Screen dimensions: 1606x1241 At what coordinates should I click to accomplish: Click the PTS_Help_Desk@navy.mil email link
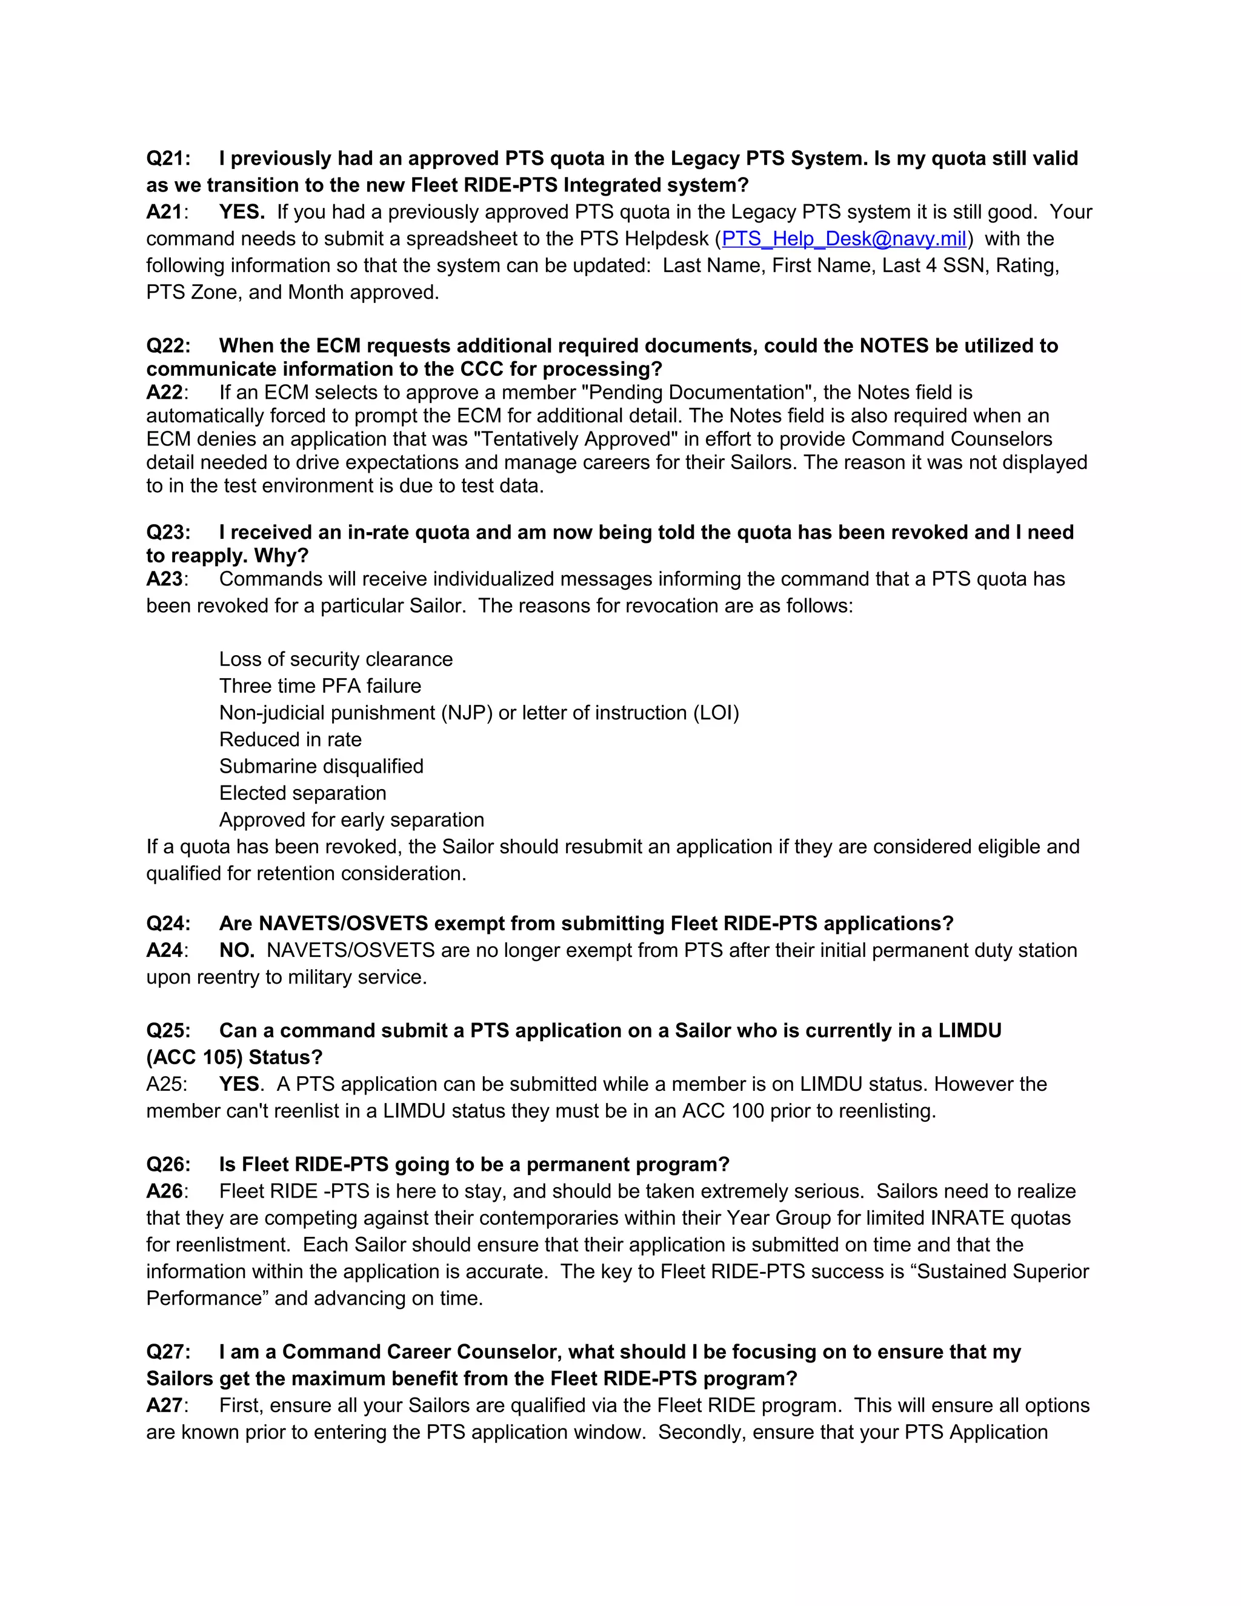(843, 239)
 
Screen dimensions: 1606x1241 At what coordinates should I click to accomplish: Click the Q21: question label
(168, 159)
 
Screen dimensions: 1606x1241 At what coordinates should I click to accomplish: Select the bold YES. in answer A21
(242, 213)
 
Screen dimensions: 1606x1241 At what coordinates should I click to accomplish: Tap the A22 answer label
(165, 393)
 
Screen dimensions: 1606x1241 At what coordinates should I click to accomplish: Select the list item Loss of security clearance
(335, 659)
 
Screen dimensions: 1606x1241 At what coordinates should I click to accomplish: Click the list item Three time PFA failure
(320, 686)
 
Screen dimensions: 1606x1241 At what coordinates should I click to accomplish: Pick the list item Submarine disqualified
(321, 766)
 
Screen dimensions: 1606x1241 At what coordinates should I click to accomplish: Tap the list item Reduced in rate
(290, 740)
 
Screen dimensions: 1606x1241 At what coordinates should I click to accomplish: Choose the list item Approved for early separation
(351, 820)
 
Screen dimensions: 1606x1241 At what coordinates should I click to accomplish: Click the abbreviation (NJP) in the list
(466, 713)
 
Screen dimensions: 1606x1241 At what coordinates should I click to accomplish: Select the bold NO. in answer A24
(237, 951)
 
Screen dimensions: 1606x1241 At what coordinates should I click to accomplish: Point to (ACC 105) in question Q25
(194, 1058)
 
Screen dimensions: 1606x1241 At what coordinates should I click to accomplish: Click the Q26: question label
(168, 1165)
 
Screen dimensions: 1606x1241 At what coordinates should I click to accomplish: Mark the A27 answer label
(165, 1405)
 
